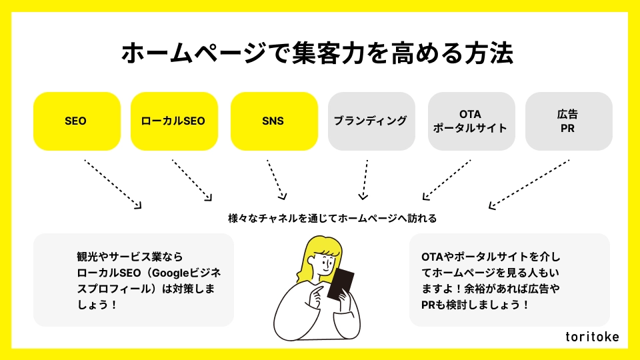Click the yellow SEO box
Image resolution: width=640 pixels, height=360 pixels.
(77, 121)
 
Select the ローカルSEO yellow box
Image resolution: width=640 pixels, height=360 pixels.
(174, 121)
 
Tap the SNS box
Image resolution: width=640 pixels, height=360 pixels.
(274, 121)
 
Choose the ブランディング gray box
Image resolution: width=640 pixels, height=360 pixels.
(371, 121)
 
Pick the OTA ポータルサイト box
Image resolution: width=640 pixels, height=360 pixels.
(471, 121)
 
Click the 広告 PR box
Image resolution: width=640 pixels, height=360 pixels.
(569, 121)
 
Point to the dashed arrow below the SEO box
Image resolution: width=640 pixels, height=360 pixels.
(113, 185)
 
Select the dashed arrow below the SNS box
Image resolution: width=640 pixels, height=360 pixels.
(276, 179)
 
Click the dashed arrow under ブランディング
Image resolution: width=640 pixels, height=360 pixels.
(365, 179)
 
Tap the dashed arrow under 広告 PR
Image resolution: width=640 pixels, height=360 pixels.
(529, 185)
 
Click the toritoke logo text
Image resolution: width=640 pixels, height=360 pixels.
(592, 336)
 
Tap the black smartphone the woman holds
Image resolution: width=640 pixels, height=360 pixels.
(341, 284)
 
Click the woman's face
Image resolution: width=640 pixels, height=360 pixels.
(325, 265)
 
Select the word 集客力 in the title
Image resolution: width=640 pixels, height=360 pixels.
(328, 53)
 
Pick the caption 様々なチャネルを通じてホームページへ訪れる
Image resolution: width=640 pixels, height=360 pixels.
(332, 219)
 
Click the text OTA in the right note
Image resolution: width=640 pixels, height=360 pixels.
(432, 257)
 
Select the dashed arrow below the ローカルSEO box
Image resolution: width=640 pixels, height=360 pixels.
(192, 180)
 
